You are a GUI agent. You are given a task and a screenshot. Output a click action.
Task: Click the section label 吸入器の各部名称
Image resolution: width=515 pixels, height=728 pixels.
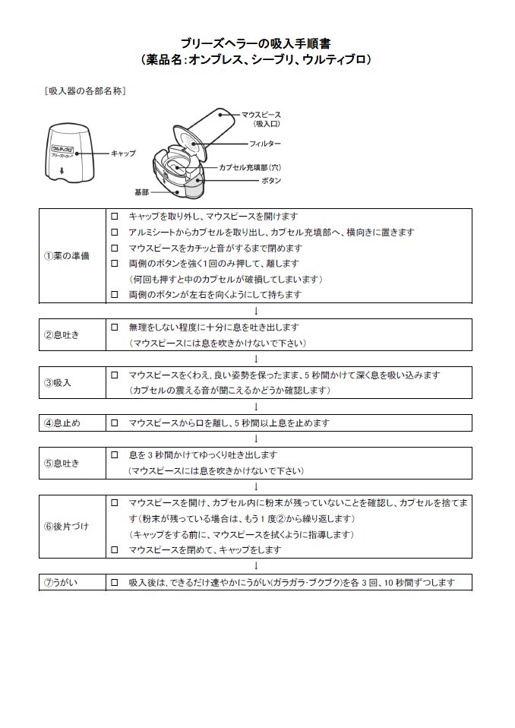point(85,91)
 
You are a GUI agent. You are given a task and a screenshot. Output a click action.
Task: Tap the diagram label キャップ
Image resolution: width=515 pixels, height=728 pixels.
point(123,153)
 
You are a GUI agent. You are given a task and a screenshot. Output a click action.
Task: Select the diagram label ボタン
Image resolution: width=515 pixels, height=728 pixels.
point(271,181)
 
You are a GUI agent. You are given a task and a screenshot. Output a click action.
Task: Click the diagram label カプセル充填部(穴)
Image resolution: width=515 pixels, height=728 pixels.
point(250,166)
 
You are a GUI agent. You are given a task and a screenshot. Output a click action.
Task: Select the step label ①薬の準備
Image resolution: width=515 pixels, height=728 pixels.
point(66,255)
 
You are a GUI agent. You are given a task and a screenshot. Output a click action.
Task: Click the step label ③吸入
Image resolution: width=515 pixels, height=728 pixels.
point(57,382)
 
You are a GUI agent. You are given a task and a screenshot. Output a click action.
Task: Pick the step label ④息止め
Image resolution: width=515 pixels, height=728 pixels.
point(62,423)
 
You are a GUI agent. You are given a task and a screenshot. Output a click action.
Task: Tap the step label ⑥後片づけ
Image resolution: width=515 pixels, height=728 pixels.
point(66,526)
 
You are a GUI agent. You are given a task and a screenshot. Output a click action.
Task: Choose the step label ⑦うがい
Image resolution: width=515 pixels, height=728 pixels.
point(62,583)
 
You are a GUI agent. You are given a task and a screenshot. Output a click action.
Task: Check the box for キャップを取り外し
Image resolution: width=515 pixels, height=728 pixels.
point(115,217)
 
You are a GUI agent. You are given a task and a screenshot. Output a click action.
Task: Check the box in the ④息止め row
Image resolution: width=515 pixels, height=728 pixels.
point(115,423)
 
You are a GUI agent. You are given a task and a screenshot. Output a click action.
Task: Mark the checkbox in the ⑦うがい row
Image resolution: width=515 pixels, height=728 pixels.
point(115,583)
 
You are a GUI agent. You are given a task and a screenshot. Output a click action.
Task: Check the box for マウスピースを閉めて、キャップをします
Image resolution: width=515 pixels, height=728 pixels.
point(115,549)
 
